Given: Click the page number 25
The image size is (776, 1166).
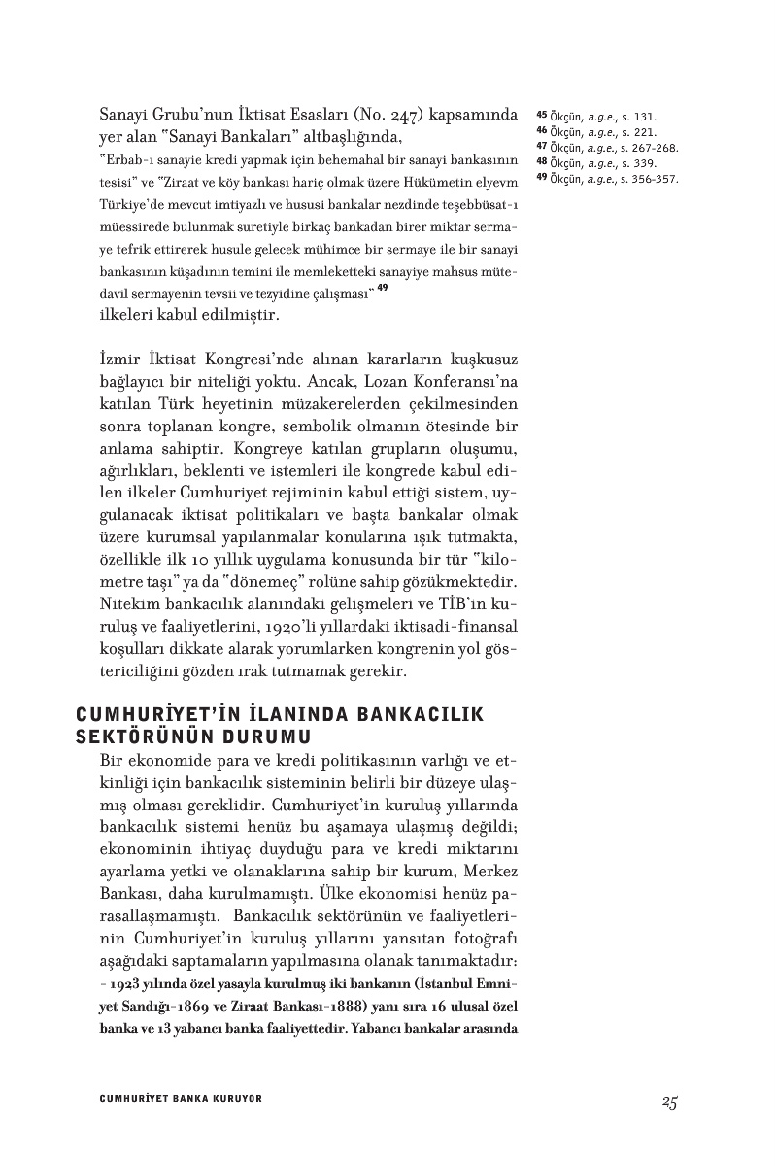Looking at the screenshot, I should pyautogui.click(x=668, y=1101).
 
